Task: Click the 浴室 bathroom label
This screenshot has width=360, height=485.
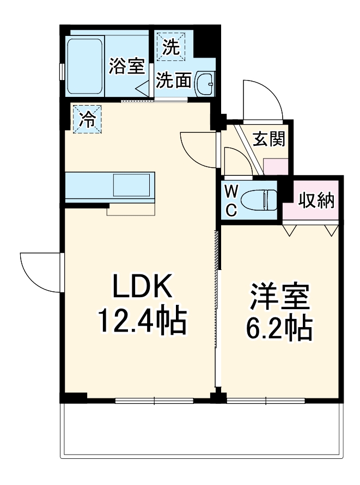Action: [x=126, y=66]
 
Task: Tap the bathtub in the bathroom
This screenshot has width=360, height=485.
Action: [x=85, y=66]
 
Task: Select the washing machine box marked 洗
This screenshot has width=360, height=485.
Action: [x=170, y=46]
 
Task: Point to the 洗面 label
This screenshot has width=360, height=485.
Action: [x=174, y=81]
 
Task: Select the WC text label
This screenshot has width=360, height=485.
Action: [x=231, y=200]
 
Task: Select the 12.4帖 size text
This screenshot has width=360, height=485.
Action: [x=142, y=321]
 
